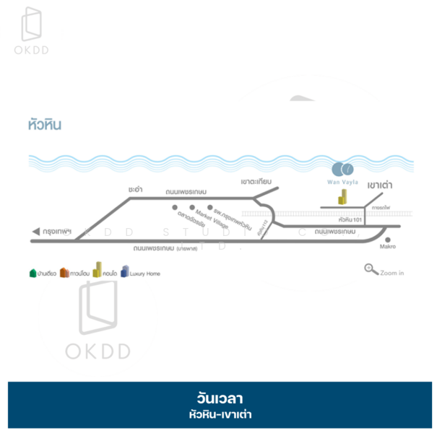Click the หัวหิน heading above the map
45,124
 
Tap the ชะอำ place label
134,188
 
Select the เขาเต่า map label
379,185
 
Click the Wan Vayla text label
343,183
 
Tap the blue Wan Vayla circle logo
342,170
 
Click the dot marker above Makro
389,240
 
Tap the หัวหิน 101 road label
349,219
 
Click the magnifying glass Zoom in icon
371,270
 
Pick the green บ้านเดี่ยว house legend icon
33,273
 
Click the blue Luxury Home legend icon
125,272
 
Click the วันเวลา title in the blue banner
218,398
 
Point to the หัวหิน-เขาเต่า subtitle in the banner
218,414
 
